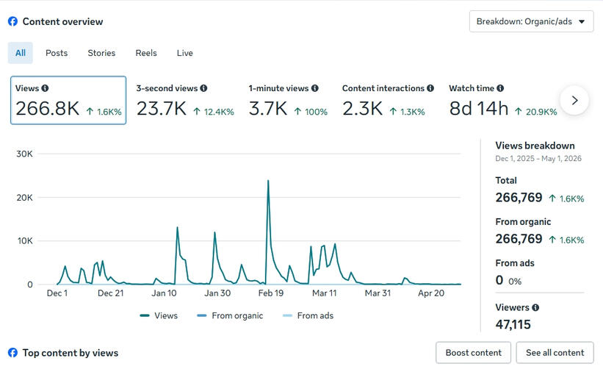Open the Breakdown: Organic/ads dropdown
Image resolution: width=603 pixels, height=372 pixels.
point(531,21)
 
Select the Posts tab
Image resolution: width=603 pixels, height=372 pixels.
point(57,53)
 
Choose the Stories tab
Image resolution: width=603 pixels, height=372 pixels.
point(101,53)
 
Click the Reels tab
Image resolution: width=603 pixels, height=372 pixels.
point(146,53)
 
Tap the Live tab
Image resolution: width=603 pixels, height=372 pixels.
point(185,53)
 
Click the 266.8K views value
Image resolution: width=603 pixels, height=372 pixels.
point(47,109)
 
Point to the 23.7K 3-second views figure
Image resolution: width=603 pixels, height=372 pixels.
point(162,109)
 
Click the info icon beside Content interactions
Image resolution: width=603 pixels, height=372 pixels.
point(430,88)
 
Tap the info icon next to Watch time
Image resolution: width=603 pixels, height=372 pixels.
point(500,88)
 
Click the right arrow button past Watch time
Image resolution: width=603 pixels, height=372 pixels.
point(574,101)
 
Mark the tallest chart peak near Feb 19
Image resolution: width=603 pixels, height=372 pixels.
point(268,180)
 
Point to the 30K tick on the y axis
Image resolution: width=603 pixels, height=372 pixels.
point(25,154)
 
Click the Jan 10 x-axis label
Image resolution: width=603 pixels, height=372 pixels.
point(165,293)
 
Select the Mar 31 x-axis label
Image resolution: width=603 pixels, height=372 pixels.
point(378,293)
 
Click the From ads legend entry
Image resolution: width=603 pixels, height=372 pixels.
point(308,316)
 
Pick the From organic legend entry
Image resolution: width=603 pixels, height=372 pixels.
point(230,316)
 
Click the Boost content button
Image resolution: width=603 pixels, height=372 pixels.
point(474,353)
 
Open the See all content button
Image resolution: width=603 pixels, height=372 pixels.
point(555,353)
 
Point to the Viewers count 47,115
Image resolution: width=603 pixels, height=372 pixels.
point(513,325)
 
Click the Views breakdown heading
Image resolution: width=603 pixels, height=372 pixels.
point(535,146)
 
